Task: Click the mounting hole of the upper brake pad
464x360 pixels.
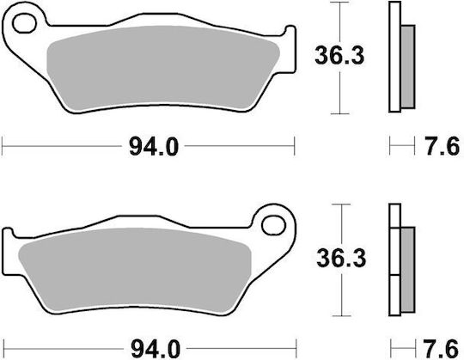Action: (x=24, y=23)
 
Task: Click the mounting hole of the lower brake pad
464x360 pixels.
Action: (x=274, y=225)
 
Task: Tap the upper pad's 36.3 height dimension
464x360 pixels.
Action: (x=339, y=55)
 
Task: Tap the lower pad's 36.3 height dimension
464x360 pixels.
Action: (x=341, y=258)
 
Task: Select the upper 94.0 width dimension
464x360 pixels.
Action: (x=154, y=147)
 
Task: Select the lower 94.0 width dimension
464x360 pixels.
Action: (x=156, y=350)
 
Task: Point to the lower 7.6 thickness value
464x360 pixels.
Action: (x=441, y=350)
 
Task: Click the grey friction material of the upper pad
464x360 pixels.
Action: (x=162, y=67)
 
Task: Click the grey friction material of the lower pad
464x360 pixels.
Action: (x=135, y=270)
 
